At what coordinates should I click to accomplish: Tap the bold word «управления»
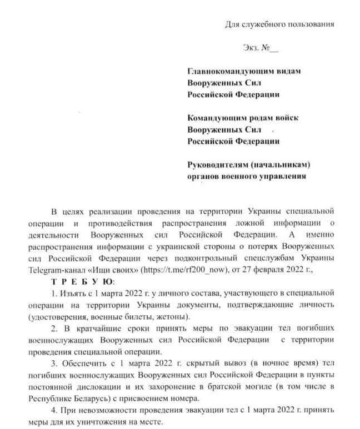[278, 176]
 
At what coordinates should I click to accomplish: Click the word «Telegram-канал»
[54, 269]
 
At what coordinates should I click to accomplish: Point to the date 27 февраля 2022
[267, 269]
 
